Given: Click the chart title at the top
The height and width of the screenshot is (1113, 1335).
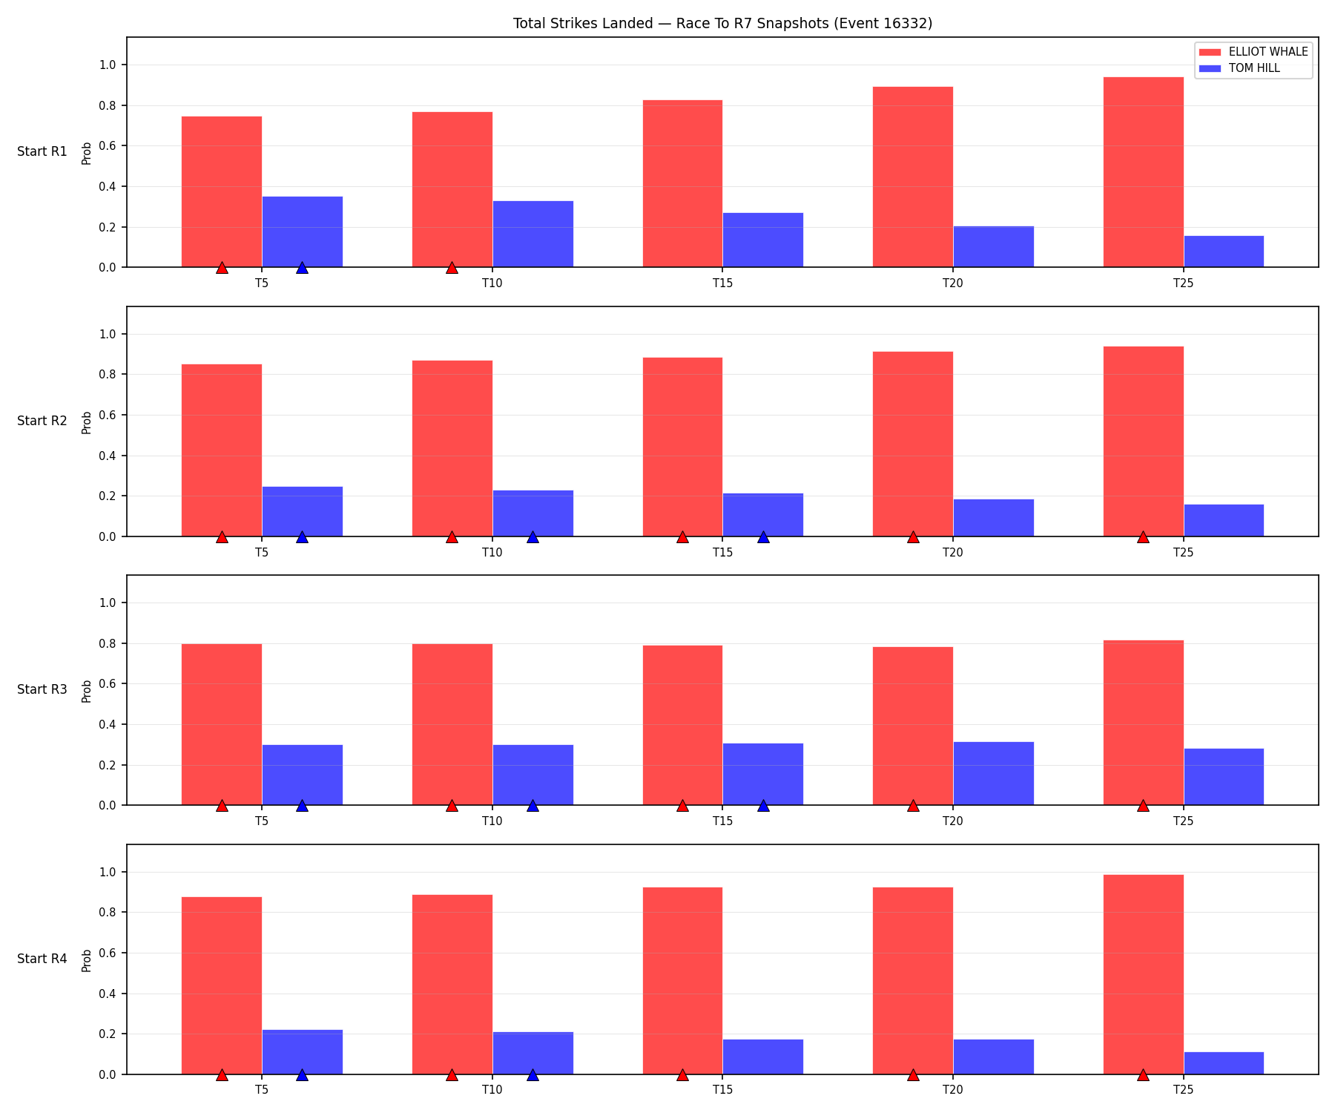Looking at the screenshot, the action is pos(722,24).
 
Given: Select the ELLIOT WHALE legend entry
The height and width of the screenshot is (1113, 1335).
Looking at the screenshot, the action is pos(1253,52).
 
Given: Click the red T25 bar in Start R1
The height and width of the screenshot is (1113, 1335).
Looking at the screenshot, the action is pos(1143,172).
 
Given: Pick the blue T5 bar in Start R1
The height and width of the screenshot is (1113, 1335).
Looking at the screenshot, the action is pos(302,232).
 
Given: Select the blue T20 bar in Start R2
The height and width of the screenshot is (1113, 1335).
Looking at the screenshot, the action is pos(993,518).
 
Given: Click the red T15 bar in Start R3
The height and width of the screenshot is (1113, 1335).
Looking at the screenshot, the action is pos(682,725).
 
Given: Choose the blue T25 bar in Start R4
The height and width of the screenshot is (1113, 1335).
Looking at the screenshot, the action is pos(1224,1063).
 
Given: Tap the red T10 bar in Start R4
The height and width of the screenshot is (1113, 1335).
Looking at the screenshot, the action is pos(452,985).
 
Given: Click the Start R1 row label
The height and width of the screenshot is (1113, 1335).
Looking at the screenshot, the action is pos(42,152).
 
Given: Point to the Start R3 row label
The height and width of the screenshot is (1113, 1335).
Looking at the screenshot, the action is pos(42,690).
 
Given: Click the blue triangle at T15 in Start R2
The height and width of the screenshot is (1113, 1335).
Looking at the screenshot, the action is pos(763,536).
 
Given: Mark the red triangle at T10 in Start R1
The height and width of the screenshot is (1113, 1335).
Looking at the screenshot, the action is pos(452,267).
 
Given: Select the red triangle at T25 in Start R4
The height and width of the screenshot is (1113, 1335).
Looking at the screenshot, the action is pos(1143,1074).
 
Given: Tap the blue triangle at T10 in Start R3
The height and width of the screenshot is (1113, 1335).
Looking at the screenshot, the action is pos(533,805).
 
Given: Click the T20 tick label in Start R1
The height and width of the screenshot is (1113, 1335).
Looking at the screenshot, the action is pos(953,283).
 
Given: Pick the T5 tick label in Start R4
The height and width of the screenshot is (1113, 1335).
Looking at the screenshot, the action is pos(262,1090).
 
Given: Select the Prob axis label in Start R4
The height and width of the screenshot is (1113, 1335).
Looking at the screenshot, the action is pos(87,960).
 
